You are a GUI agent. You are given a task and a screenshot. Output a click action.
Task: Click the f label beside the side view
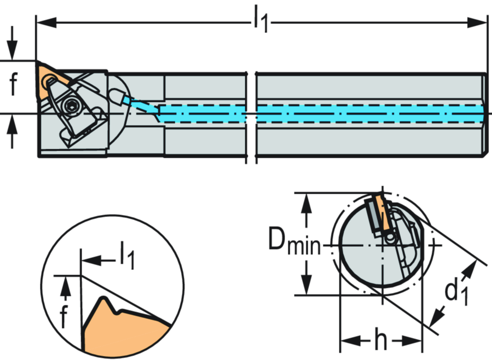pyautogui.click(x=13, y=85)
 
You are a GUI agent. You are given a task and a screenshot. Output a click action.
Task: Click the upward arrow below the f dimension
pyautogui.click(x=13, y=127)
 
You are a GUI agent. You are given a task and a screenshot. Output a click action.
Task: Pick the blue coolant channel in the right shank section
pyautogui.click(x=370, y=113)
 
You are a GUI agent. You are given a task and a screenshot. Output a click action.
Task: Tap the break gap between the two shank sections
pyautogui.click(x=250, y=115)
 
